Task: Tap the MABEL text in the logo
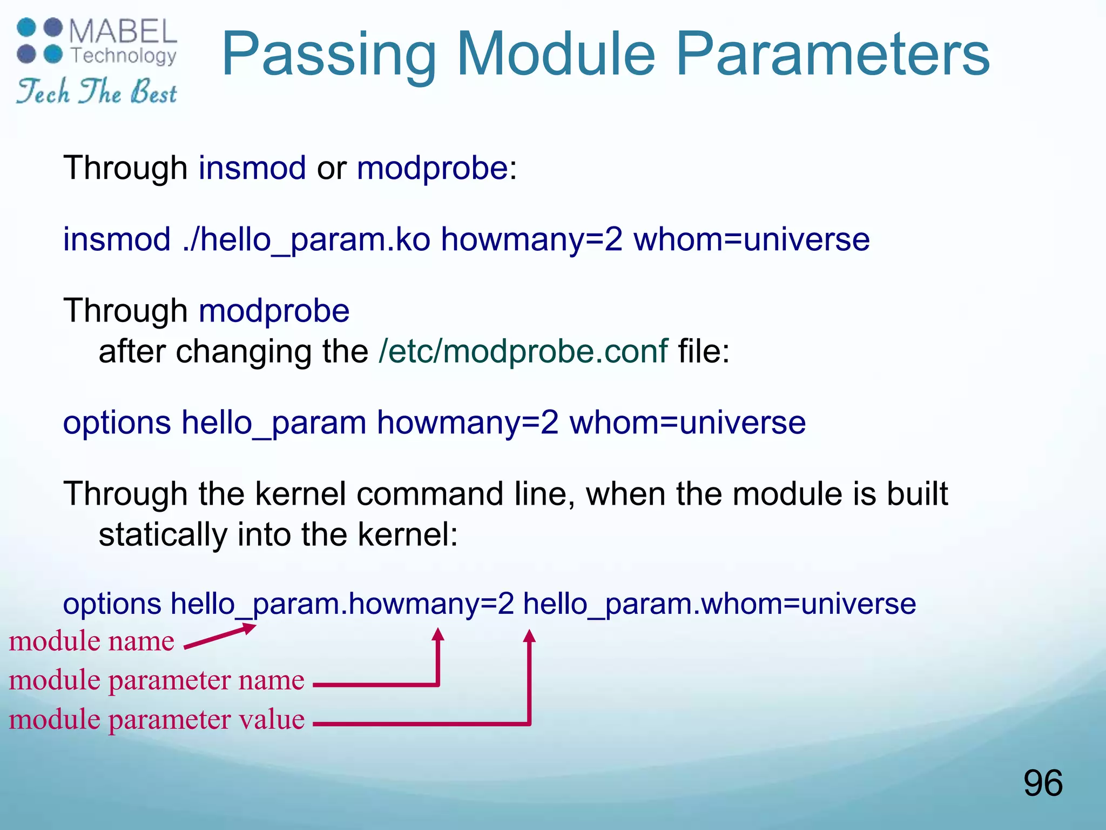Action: pos(123,31)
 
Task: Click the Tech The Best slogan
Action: pos(96,92)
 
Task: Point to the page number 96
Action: pos(1042,783)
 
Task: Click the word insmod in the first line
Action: pos(252,168)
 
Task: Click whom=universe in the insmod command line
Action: pos(751,239)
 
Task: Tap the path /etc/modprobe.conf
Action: pos(523,351)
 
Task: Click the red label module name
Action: pos(92,641)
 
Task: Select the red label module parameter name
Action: pos(157,680)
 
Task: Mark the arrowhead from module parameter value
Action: pos(530,637)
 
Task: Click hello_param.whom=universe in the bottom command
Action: pos(719,604)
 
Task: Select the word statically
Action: pos(163,535)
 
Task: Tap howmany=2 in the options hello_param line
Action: pos(467,423)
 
